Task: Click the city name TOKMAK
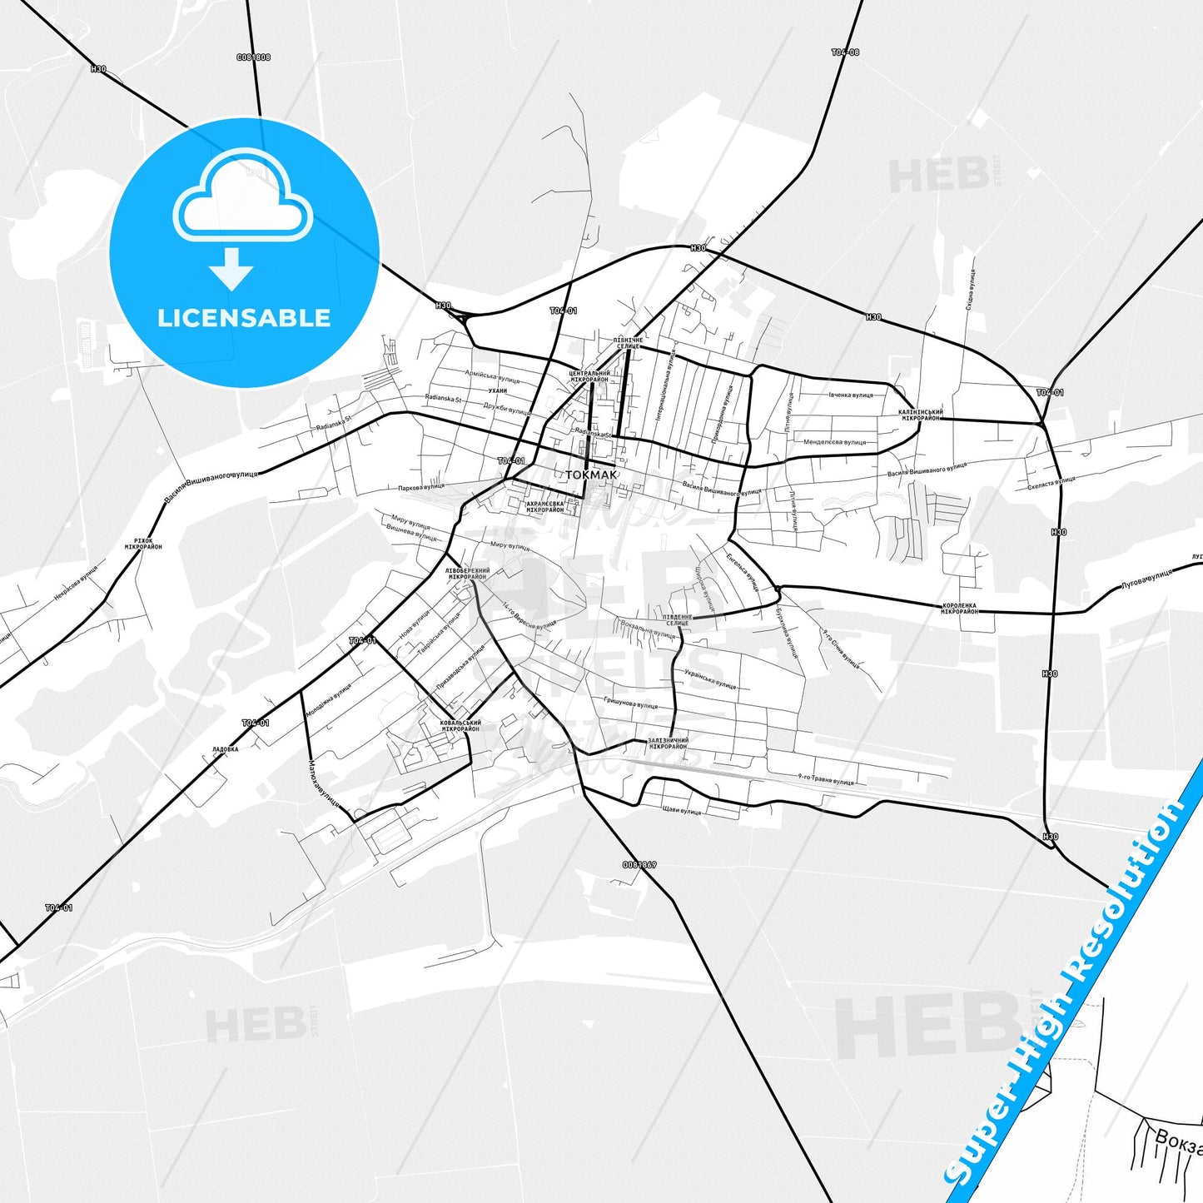[x=591, y=475]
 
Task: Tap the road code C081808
[x=253, y=57]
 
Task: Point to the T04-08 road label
[x=845, y=52]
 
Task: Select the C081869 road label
[x=639, y=865]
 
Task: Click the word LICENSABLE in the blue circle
[x=244, y=318]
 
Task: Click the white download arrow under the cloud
[x=231, y=268]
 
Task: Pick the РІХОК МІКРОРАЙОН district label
[x=143, y=544]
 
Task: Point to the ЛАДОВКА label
[x=225, y=749]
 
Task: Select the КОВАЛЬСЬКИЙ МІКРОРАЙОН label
[x=460, y=726]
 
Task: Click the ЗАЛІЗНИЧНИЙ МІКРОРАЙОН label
[x=668, y=743]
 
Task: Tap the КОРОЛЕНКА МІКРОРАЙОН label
[x=959, y=609]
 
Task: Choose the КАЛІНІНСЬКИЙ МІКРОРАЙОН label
[x=920, y=415]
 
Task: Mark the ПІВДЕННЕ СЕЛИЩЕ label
[x=678, y=620]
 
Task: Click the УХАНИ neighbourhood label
[x=498, y=390]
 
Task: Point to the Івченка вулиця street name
[x=850, y=395]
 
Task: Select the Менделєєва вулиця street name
[x=834, y=442]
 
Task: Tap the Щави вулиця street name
[x=682, y=811]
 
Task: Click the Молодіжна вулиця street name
[x=328, y=700]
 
